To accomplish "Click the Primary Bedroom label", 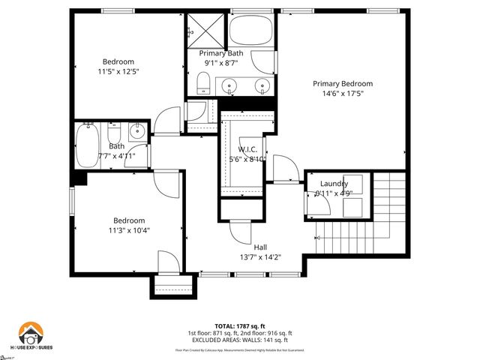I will tap(343, 83).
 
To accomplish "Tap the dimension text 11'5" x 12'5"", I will tap(118, 71).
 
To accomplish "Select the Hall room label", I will tap(260, 247).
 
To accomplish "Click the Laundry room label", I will tap(334, 184).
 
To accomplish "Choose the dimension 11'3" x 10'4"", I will tap(129, 230).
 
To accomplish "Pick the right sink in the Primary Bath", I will tap(260, 84).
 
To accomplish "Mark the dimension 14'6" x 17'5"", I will tap(343, 94).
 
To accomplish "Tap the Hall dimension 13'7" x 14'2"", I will tap(260, 257).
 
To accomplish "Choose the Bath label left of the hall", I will tap(116, 146).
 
